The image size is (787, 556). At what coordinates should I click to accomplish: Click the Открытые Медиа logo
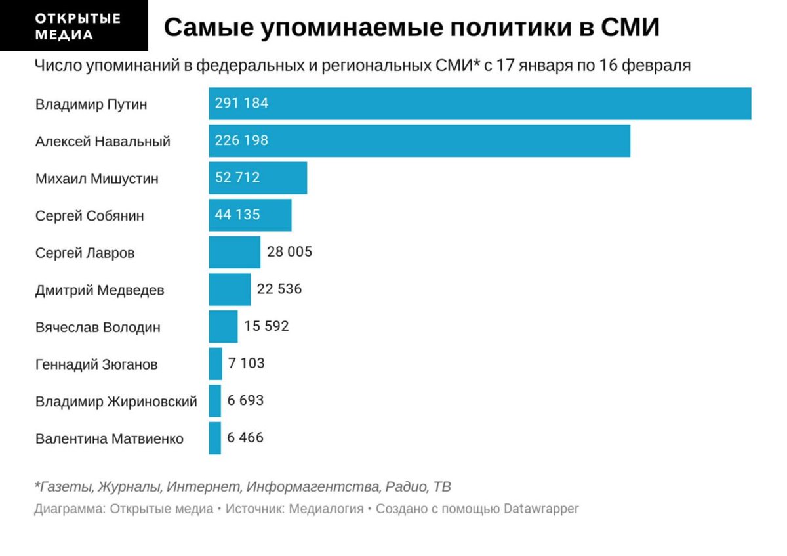pyautogui.click(x=73, y=26)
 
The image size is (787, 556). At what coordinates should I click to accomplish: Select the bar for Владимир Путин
pyautogui.click(x=479, y=104)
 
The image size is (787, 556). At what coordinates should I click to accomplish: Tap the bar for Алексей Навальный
pyautogui.click(x=419, y=140)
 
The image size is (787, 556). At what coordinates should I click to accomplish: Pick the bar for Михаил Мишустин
pyautogui.click(x=258, y=178)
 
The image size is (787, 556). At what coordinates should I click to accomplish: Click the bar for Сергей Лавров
pyautogui.click(x=234, y=252)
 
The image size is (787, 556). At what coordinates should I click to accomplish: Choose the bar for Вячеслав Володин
pyautogui.click(x=223, y=326)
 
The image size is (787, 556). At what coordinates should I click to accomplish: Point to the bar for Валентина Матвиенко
pyautogui.click(x=214, y=438)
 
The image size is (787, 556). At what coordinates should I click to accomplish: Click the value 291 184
pyautogui.click(x=242, y=104)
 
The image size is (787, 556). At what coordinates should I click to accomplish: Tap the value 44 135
pyautogui.click(x=237, y=215)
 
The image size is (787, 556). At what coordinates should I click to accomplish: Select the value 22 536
pyautogui.click(x=279, y=289)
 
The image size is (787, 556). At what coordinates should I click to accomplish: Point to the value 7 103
pyautogui.click(x=246, y=363)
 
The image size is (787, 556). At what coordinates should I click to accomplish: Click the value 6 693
pyautogui.click(x=245, y=400)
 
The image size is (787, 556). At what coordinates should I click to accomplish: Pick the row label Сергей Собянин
pyautogui.click(x=89, y=215)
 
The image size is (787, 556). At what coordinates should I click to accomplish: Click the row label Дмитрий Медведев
pyautogui.click(x=100, y=289)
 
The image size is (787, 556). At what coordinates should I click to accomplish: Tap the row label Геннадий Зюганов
pyautogui.click(x=96, y=364)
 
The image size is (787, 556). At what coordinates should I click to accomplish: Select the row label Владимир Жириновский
pyautogui.click(x=116, y=401)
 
